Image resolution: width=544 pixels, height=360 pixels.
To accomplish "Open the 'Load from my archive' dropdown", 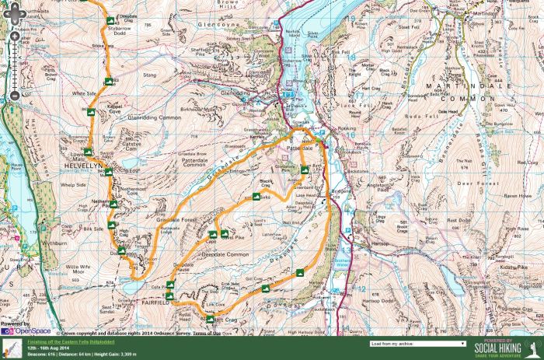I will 418,343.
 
